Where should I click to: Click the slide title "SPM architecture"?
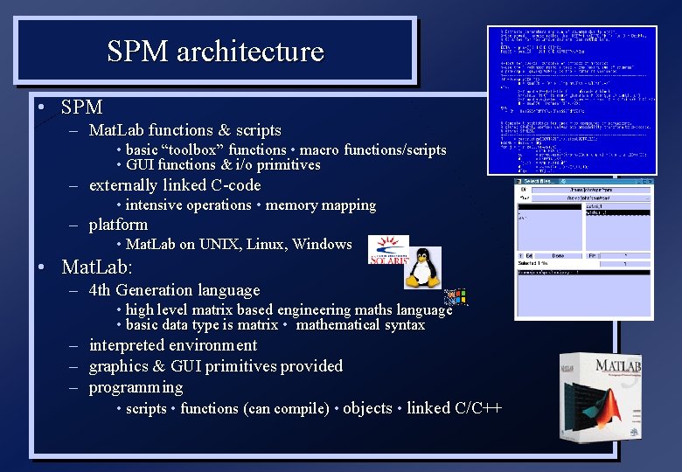[x=215, y=52]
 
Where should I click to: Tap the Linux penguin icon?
[x=422, y=267]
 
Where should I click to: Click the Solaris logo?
[x=388, y=249]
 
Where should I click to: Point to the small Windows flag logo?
[x=456, y=298]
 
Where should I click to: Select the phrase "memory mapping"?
[x=320, y=205]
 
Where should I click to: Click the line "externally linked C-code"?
[x=175, y=185]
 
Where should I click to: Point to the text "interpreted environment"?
[x=173, y=345]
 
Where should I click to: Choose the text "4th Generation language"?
[x=175, y=290]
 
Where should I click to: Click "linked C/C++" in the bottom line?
[x=454, y=408]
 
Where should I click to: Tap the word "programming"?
[x=136, y=387]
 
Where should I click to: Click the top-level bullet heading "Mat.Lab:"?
[x=97, y=266]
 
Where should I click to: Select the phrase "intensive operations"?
[x=188, y=205]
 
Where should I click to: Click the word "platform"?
[x=118, y=225]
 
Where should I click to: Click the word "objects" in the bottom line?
[x=367, y=408]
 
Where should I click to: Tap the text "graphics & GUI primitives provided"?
[x=216, y=366]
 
